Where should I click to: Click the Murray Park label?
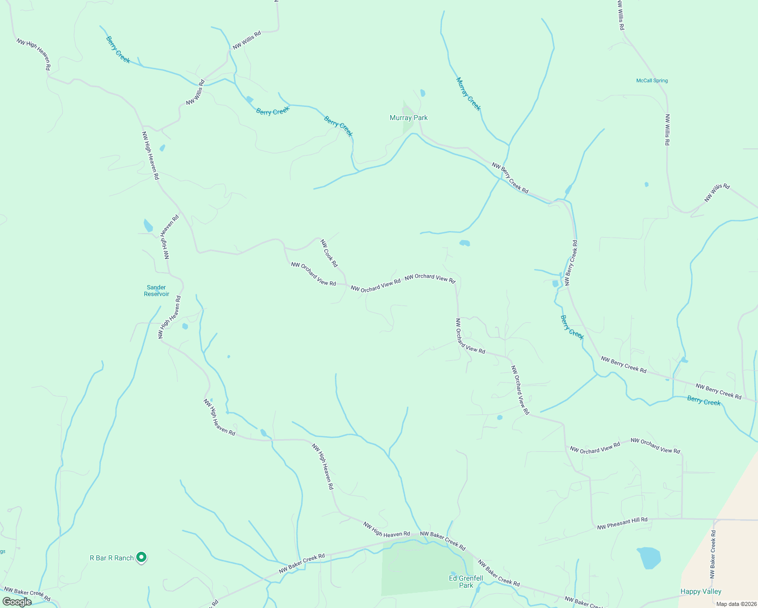click(408, 118)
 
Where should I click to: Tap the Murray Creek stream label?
click(468, 94)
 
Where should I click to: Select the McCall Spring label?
click(652, 81)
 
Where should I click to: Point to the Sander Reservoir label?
click(157, 291)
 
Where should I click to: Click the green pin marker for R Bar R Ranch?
click(142, 557)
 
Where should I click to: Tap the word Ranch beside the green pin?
click(124, 558)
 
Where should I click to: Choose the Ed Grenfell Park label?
click(466, 582)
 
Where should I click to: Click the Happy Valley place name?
click(701, 591)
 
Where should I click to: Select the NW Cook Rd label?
click(329, 253)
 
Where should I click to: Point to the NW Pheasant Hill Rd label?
click(622, 523)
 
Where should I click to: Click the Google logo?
click(17, 602)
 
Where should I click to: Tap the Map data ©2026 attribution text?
click(735, 604)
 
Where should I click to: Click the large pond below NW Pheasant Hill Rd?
click(649, 557)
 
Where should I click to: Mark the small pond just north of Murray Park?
click(423, 93)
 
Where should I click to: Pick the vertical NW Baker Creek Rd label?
click(713, 554)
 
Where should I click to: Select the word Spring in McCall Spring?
click(660, 81)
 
